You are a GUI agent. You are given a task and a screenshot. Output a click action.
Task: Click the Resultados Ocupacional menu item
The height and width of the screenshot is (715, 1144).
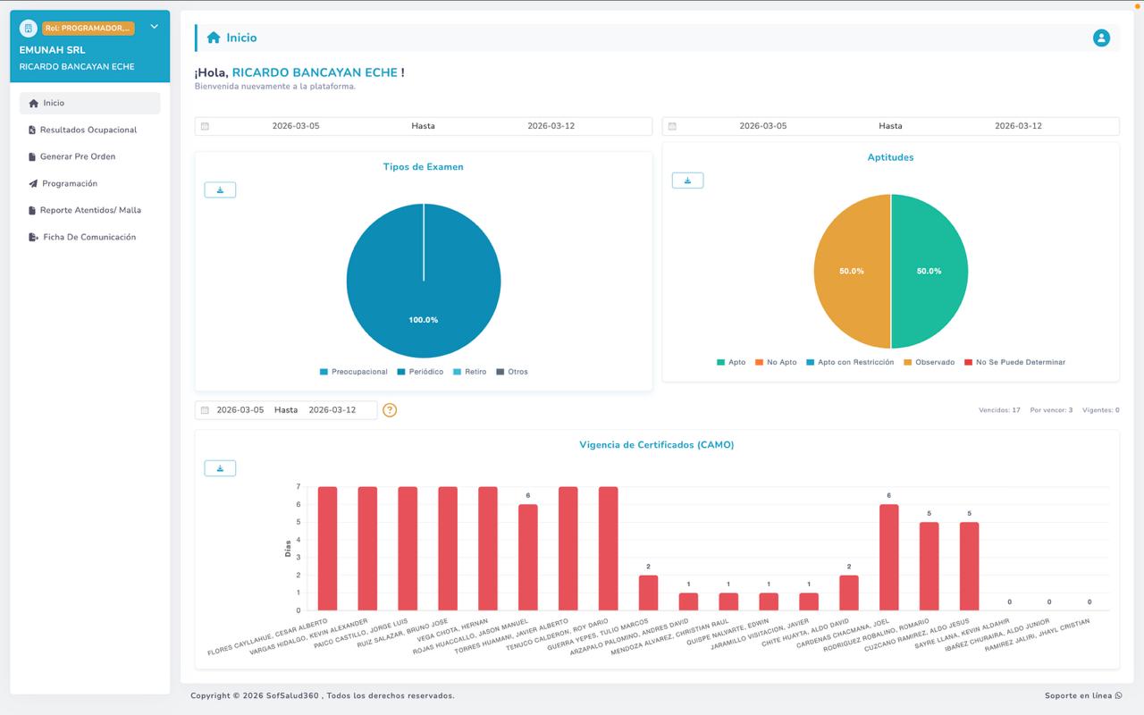[88, 130]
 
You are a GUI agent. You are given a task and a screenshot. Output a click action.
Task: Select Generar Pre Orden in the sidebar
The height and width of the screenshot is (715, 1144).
[77, 156]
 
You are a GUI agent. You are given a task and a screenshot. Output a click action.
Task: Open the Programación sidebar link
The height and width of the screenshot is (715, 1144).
[69, 183]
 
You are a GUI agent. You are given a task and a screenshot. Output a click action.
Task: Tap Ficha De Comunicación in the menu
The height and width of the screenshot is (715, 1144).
[88, 237]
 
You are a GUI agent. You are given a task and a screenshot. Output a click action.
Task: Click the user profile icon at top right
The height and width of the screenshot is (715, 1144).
[1101, 38]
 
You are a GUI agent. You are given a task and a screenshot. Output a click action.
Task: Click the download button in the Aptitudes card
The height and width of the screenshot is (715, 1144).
[687, 181]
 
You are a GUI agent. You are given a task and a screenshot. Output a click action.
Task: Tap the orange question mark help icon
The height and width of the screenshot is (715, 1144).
[390, 410]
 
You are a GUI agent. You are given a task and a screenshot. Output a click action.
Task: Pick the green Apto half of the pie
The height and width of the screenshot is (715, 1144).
[929, 271]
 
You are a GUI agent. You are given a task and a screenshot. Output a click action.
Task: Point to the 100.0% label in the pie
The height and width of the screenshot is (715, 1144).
[424, 320]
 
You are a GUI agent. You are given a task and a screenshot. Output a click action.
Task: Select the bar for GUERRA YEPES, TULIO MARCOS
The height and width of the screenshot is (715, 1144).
[648, 593]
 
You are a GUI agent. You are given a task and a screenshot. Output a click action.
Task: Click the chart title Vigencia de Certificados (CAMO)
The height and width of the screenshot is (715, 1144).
[657, 444]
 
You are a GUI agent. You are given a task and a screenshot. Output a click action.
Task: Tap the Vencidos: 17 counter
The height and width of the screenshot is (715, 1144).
[999, 410]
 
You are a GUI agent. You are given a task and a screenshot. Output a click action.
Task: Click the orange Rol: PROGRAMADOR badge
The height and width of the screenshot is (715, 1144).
[88, 29]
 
